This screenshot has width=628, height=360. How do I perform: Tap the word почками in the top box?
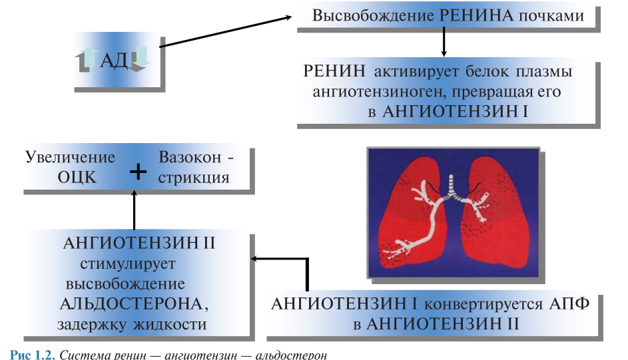coord(550,16)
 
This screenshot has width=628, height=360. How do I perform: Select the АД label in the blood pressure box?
coord(113,61)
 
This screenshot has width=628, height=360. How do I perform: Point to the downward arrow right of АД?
coord(140,61)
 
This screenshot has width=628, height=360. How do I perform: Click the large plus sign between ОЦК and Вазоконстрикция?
coord(138,172)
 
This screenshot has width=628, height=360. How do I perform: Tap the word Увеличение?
coord(71,158)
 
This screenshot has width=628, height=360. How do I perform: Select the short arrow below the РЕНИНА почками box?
coord(444,44)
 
